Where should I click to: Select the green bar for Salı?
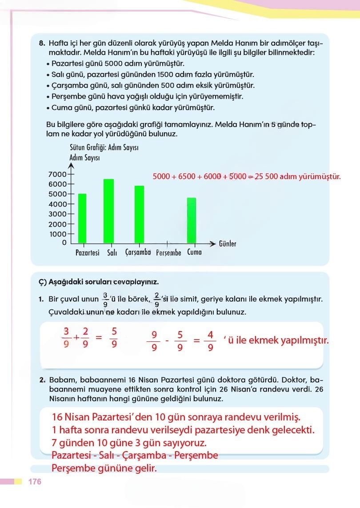(109, 211)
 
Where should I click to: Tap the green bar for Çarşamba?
(139, 214)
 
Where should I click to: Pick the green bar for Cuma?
(191, 220)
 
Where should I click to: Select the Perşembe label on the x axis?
(168, 252)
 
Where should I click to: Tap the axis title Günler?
(228, 244)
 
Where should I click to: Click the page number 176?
(35, 482)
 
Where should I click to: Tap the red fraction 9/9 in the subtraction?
(154, 341)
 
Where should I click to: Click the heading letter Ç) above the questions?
(42, 282)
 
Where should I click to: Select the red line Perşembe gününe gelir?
(104, 468)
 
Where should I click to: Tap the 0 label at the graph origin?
(64, 243)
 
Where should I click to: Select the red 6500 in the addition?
(187, 176)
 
